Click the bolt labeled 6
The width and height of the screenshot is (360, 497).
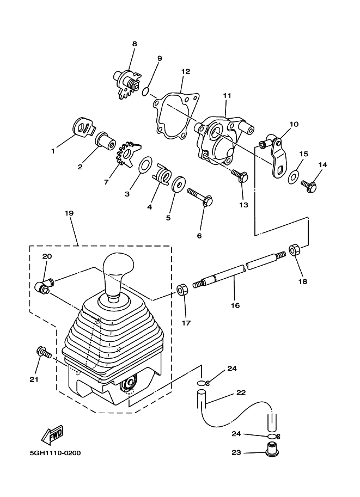click(201, 198)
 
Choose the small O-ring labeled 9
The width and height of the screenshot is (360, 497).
click(145, 90)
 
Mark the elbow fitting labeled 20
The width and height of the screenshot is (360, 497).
click(44, 285)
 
